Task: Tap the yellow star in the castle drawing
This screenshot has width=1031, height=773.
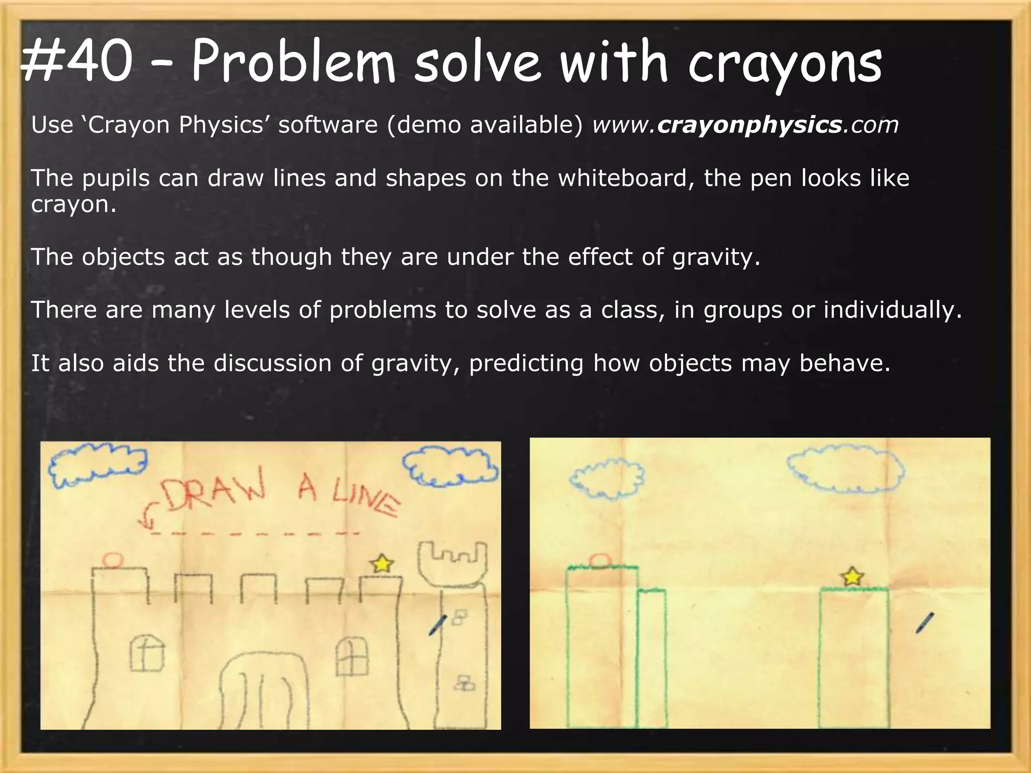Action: click(x=382, y=564)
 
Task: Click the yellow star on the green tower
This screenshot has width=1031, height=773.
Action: click(x=852, y=576)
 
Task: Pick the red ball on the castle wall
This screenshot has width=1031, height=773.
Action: click(x=113, y=560)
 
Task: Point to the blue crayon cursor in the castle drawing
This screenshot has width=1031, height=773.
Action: click(x=437, y=626)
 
